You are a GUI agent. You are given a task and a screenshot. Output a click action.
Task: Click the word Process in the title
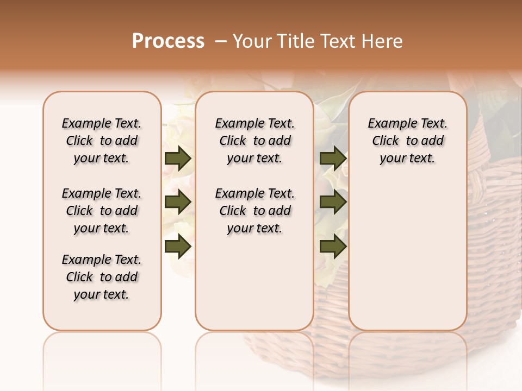168,41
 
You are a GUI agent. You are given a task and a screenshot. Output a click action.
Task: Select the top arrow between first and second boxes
178,158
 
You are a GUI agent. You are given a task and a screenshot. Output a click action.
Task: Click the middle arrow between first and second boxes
178,202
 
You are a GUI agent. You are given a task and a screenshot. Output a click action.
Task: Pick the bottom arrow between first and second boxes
178,246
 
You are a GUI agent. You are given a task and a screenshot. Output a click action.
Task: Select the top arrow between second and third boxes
333,158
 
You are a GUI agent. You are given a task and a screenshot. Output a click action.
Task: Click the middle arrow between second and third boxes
333,202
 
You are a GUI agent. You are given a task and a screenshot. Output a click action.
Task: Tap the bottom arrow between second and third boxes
333,246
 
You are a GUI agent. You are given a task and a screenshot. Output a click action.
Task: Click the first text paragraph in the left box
102,141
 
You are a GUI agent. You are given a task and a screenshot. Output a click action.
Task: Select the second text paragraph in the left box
102,211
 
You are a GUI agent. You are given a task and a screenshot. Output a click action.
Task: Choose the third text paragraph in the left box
102,277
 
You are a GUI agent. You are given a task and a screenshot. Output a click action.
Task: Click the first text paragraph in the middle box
254,141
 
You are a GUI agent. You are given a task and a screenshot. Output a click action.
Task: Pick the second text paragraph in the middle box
254,211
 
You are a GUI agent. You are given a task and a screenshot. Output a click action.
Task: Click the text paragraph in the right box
408,141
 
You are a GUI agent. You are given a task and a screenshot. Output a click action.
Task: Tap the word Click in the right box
386,141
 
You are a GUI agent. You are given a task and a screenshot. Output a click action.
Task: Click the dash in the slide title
221,41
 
